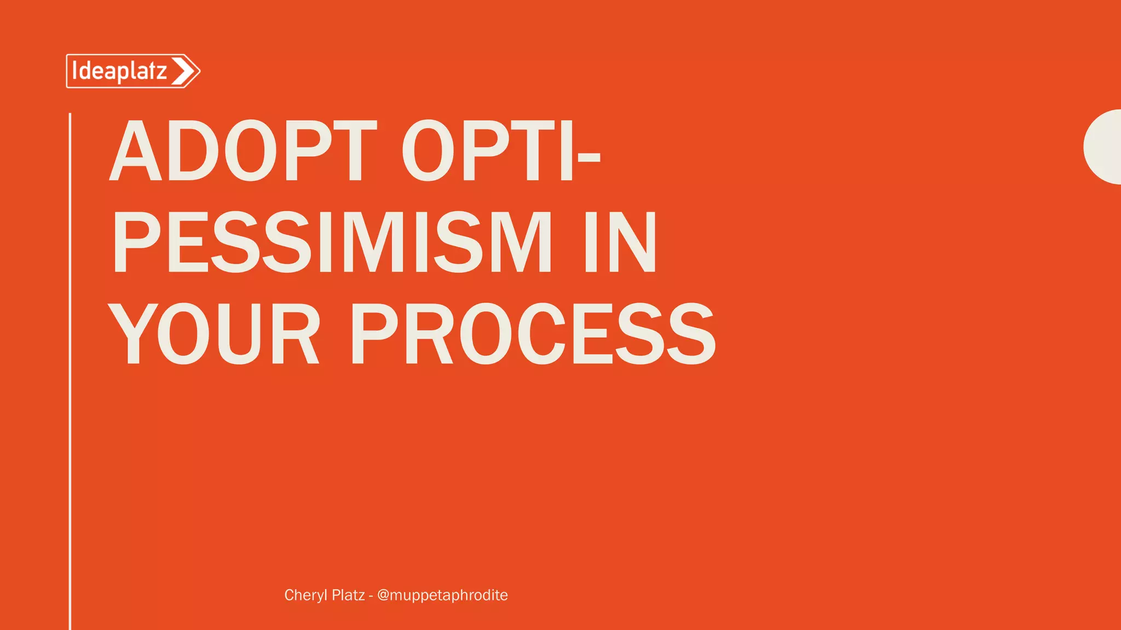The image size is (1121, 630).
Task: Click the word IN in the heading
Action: (620, 242)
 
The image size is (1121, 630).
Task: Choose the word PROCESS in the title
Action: (533, 334)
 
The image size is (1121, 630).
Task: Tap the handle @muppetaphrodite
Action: (442, 595)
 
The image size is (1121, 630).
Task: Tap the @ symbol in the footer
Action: (383, 595)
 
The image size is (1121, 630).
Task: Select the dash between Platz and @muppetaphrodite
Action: (371, 596)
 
